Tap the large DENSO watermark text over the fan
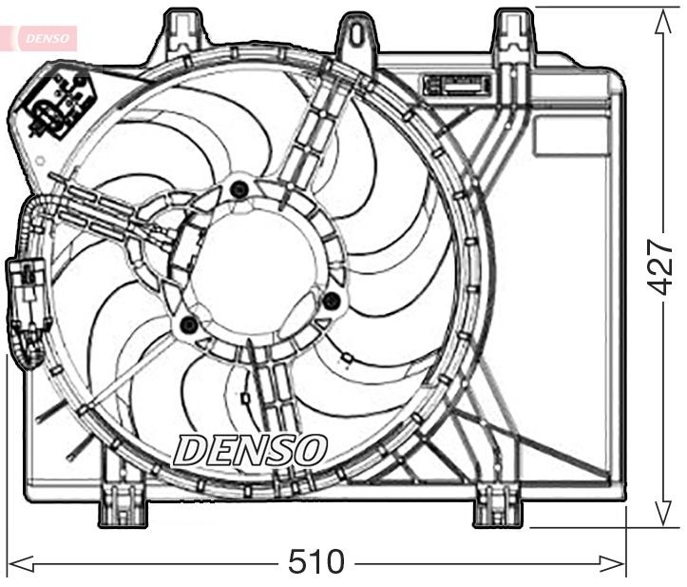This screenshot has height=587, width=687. pyautogui.click(x=250, y=450)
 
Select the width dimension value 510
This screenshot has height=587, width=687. pyautogui.click(x=315, y=562)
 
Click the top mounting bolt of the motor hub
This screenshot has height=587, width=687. pyautogui.click(x=239, y=189)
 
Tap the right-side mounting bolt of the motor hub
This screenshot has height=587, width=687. pyautogui.click(x=331, y=302)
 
